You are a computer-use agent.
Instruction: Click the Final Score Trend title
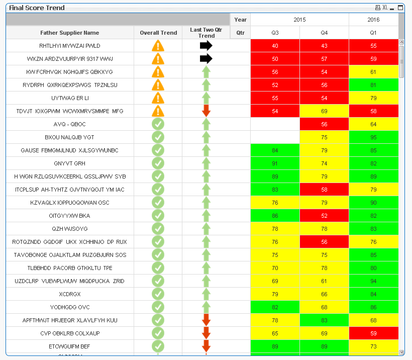click(37, 8)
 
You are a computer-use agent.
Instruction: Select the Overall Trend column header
click(158, 33)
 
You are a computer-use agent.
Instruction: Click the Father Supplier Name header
click(70, 33)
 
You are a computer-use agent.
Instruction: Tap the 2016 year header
click(373, 20)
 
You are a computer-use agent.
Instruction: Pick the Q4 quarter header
click(324, 33)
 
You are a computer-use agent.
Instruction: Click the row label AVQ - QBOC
click(70, 124)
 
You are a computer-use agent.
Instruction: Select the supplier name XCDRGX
click(70, 294)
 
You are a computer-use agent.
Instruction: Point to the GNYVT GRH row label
click(70, 163)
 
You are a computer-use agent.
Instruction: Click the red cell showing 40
click(275, 46)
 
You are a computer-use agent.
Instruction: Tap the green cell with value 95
click(373, 137)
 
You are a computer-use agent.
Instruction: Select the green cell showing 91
click(275, 163)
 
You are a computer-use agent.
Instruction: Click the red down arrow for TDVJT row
click(206, 111)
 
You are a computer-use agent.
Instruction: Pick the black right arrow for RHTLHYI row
click(206, 46)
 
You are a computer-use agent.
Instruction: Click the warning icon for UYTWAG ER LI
click(158, 98)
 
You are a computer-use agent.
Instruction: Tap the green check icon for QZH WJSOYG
click(158, 229)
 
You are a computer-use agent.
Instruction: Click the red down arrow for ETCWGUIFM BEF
click(206, 346)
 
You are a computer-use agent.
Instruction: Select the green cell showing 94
click(373, 281)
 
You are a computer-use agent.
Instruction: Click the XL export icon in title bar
click(385, 8)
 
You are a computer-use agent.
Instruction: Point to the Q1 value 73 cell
click(373, 346)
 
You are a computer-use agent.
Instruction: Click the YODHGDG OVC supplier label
click(70, 307)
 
